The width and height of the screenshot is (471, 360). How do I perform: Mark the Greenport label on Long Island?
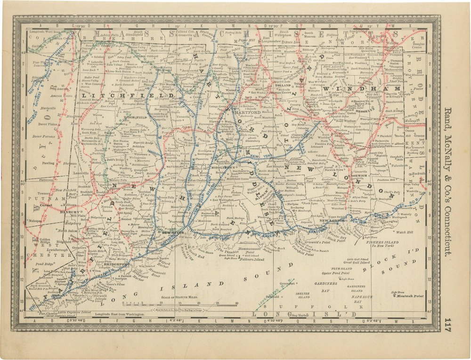click(x=287, y=284)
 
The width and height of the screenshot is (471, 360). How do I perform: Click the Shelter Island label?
click(x=302, y=295)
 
